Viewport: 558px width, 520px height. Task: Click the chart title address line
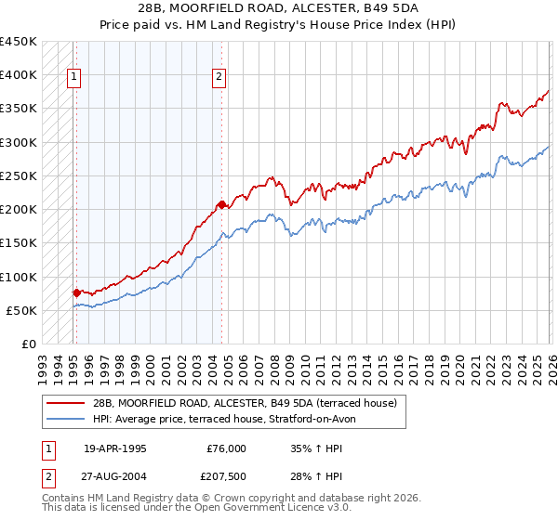279,8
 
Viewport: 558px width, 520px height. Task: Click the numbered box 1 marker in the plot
73,78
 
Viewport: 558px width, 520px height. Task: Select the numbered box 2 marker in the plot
219,78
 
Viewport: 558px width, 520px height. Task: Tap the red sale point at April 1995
76,292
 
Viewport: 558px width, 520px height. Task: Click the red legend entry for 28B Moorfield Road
245,403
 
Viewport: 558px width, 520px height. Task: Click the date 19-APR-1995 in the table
115,448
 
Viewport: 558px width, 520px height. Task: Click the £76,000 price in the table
226,448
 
